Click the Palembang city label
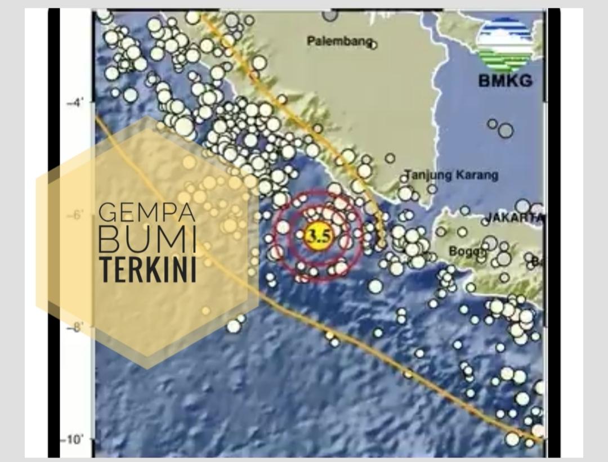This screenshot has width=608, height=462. (x=339, y=41)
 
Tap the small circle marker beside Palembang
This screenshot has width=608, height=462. (x=372, y=44)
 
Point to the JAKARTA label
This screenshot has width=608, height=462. (x=515, y=217)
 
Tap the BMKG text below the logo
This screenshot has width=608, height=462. (x=505, y=80)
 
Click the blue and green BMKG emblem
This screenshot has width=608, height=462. (x=505, y=42)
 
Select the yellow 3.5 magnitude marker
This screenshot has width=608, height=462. (x=319, y=236)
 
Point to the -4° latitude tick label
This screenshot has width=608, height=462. (x=74, y=103)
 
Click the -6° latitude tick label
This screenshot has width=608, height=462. (x=74, y=215)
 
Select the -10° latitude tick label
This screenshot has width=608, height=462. (x=71, y=439)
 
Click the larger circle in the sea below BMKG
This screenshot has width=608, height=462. (x=506, y=131)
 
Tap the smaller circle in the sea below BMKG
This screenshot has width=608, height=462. (x=493, y=123)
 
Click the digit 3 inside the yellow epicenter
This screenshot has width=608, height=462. (x=313, y=236)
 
